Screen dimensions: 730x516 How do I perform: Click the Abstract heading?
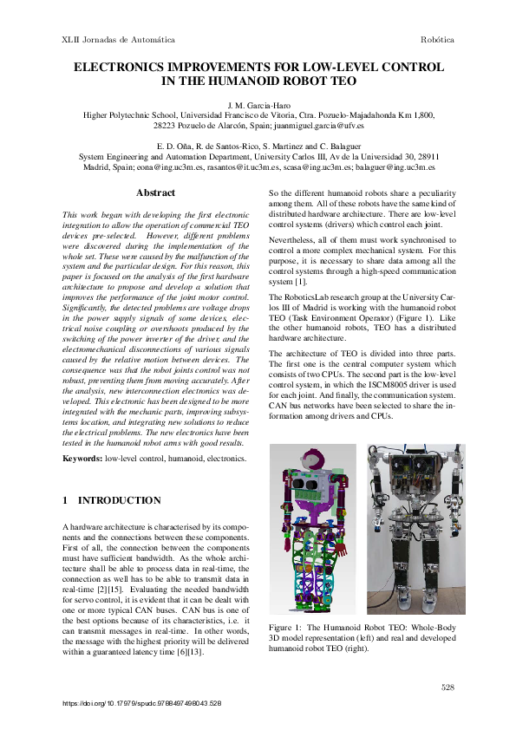(156, 192)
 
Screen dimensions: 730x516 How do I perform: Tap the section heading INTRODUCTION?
(120, 500)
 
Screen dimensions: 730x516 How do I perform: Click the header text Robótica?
(437, 40)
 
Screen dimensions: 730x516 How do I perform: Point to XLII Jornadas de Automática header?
(119, 40)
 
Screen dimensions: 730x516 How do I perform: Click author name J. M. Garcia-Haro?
(258, 105)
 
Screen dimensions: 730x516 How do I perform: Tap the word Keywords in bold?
(83, 457)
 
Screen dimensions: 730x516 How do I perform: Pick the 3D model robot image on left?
(312, 529)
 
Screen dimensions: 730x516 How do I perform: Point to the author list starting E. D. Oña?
(258, 146)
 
